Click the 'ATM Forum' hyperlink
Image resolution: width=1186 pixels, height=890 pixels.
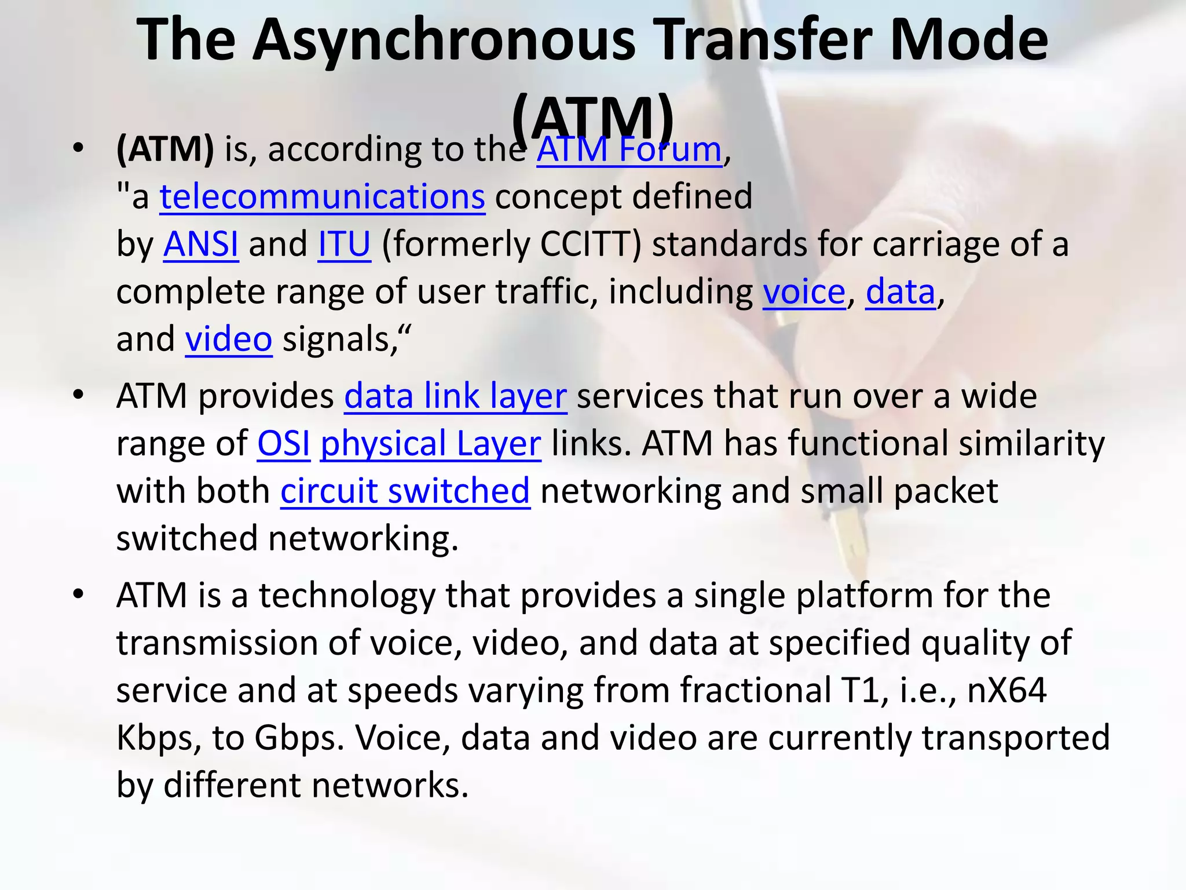629,150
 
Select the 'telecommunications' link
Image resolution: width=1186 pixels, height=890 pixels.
322,197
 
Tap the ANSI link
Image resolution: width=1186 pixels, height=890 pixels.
200,245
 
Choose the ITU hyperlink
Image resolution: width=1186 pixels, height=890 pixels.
344,245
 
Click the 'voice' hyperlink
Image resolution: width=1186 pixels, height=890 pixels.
804,292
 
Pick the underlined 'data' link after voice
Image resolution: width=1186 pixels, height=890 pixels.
900,292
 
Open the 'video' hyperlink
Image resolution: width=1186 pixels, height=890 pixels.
228,340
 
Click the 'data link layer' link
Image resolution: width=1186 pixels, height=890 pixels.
455,397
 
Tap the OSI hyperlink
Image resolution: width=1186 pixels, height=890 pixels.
283,444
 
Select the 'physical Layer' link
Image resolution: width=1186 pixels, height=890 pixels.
430,444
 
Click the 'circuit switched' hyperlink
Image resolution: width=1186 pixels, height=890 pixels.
405,491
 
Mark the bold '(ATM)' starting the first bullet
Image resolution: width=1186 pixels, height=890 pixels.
165,150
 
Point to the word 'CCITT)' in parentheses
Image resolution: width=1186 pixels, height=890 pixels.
591,245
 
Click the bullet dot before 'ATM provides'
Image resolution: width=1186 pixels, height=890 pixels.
79,395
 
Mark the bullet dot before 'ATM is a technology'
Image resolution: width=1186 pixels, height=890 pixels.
79,594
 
